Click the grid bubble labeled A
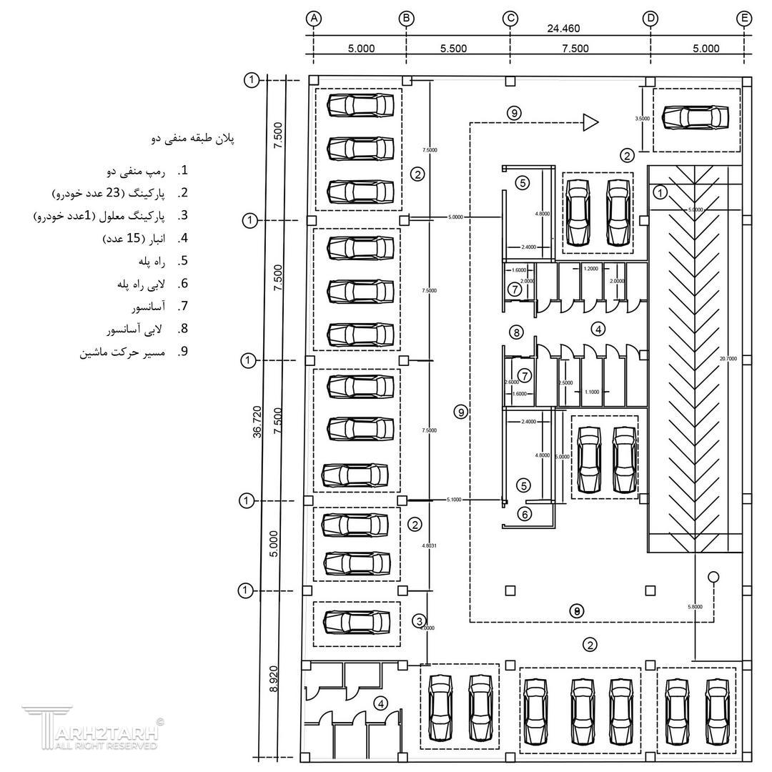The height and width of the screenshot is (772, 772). coord(314,19)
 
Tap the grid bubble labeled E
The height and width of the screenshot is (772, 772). coord(744,19)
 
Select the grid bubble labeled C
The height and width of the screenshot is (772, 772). coord(510,19)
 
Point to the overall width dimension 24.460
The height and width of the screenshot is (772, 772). coord(563,29)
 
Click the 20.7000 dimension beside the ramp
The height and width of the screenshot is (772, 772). coord(730,358)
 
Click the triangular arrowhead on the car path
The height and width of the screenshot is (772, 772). coord(590,123)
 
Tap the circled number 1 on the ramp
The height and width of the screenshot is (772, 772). coord(660,192)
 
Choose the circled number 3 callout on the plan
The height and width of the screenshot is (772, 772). coord(420,620)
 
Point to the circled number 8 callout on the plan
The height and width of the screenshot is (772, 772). coord(516,332)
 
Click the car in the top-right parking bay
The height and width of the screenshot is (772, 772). coord(696,117)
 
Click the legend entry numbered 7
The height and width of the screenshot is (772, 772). coord(150,307)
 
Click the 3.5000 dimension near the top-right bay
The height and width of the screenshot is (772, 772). coord(642,119)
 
